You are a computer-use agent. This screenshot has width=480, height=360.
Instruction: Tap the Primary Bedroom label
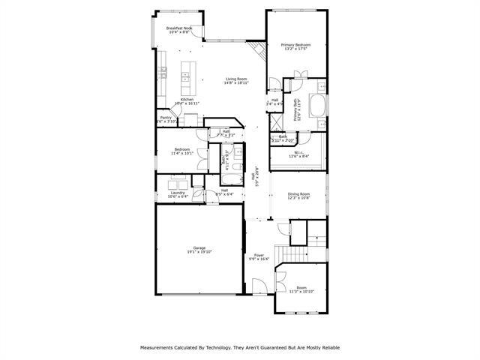[296, 45]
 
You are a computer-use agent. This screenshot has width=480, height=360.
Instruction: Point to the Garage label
[199, 247]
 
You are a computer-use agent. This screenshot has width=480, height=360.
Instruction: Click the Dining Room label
[298, 194]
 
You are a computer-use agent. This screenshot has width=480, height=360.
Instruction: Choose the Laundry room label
[178, 193]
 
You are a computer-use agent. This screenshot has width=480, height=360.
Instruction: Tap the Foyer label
[259, 255]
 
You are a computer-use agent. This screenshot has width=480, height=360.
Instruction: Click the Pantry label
[166, 117]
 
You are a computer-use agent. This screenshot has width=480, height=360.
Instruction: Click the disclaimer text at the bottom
[240, 347]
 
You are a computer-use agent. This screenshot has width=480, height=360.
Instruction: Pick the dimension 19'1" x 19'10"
[199, 252]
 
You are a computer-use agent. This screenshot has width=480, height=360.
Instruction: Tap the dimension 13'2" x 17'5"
[296, 49]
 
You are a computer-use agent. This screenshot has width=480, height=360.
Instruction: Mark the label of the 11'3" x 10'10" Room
[301, 286]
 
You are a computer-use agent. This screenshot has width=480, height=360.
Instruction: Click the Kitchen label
[187, 99]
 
